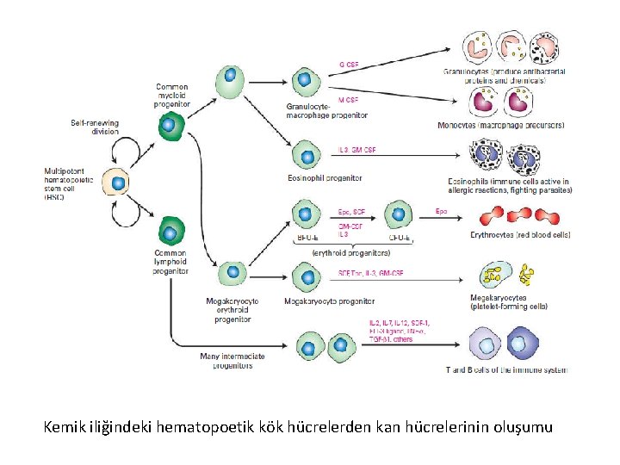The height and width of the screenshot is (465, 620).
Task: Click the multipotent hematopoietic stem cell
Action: click(117, 183)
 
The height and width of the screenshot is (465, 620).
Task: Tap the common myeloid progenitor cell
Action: click(171, 126)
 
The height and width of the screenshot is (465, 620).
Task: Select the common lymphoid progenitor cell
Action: click(171, 232)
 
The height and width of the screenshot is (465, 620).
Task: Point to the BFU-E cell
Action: click(305, 215)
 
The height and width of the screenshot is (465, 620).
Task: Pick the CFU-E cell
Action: click(398, 215)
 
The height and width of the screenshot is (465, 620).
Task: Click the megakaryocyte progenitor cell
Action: click(307, 277)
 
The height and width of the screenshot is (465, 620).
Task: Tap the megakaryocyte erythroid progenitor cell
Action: click(231, 274)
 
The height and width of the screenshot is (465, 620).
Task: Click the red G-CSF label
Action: click(349, 65)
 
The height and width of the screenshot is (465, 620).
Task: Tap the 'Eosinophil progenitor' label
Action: click(325, 178)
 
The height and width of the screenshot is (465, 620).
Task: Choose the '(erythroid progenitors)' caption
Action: click(351, 253)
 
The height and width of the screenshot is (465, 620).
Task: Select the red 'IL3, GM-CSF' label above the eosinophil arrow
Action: click(356, 151)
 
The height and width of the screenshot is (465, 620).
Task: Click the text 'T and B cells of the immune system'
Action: click(506, 369)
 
